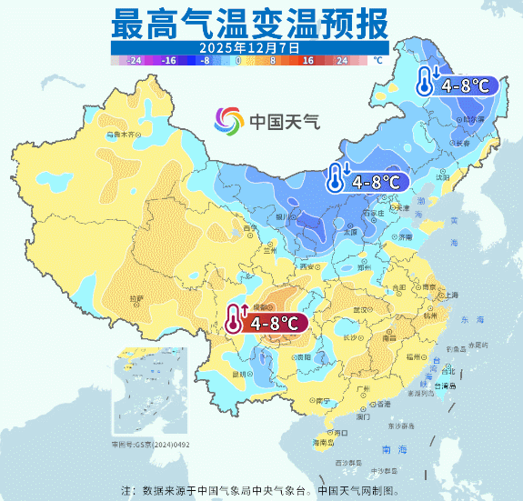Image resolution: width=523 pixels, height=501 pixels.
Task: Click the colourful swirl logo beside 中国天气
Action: [229, 120]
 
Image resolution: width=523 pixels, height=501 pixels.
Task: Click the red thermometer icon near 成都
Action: [236, 319]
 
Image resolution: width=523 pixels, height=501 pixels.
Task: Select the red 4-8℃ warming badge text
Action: [275, 322]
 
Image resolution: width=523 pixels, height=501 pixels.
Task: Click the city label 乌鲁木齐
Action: [124, 134]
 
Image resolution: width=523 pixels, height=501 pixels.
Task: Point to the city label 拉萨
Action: [136, 297]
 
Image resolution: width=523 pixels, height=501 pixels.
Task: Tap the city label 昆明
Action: [240, 373]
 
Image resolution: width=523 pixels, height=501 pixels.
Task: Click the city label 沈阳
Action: [442, 178]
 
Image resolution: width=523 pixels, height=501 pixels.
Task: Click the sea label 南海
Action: [394, 449]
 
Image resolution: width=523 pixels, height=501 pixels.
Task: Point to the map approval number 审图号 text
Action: [150, 444]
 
